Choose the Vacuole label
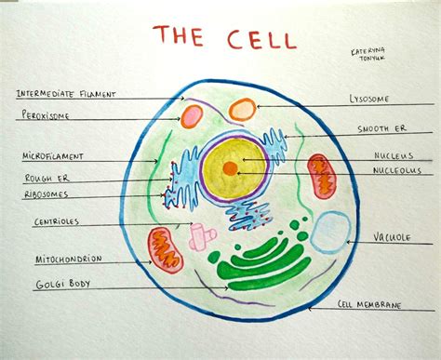point(392,237)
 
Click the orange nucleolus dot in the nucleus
point(230,168)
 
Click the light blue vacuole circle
point(329,233)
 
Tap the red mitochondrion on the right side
point(321,177)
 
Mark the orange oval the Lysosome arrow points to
point(242,110)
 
